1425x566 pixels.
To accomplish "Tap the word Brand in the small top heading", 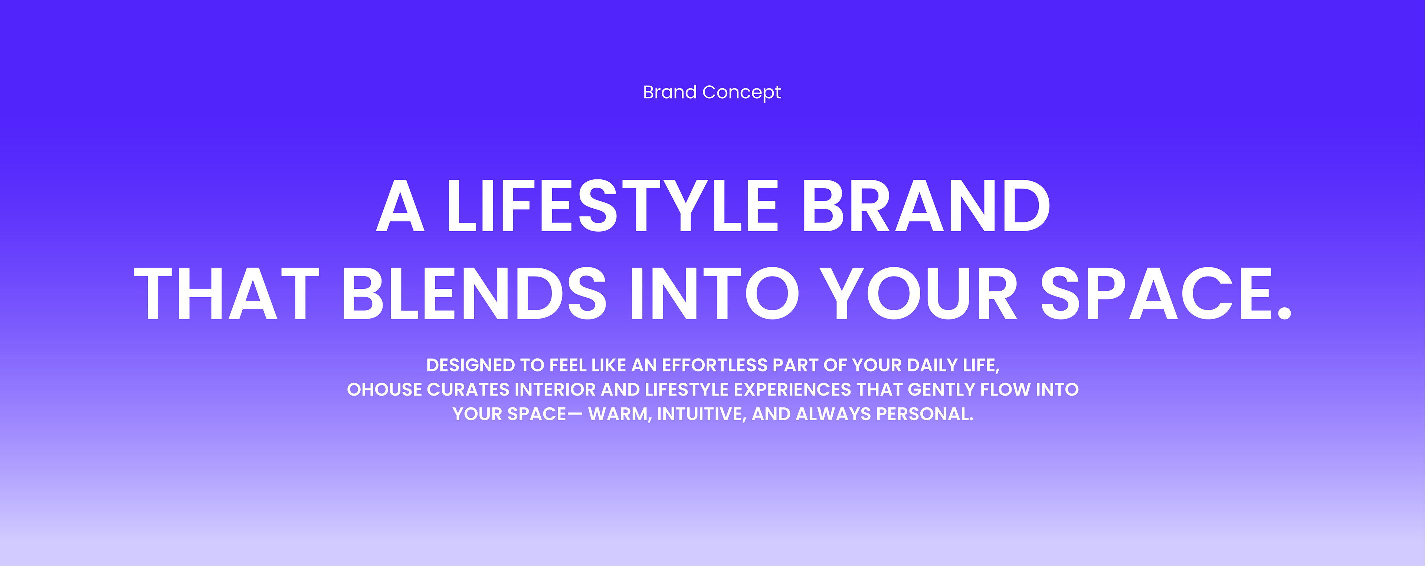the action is click(669, 92).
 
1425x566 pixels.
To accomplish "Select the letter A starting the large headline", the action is click(400, 206).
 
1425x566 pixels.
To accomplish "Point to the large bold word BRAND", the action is click(926, 206).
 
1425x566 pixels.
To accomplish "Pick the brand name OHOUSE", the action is click(384, 390).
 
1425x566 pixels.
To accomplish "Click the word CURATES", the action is click(468, 390).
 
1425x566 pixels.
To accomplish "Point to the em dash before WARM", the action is click(575, 413).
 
